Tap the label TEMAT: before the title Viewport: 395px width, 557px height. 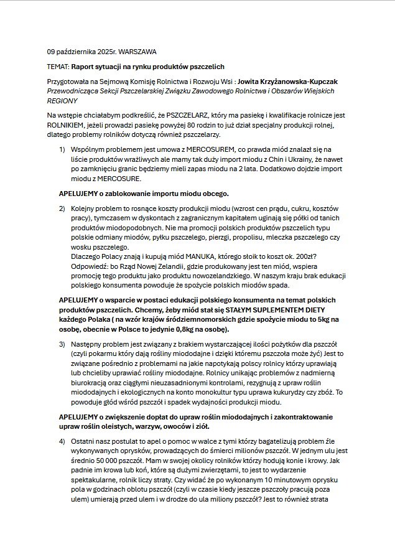point(58,66)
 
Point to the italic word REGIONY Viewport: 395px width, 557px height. point(62,100)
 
